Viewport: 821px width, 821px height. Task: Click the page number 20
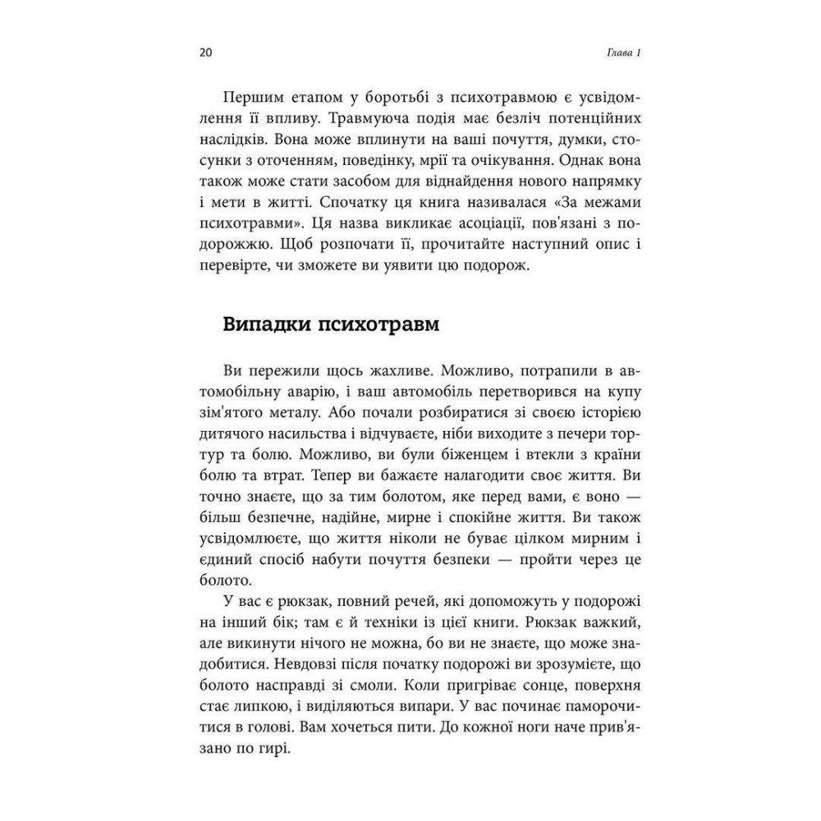point(205,54)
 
